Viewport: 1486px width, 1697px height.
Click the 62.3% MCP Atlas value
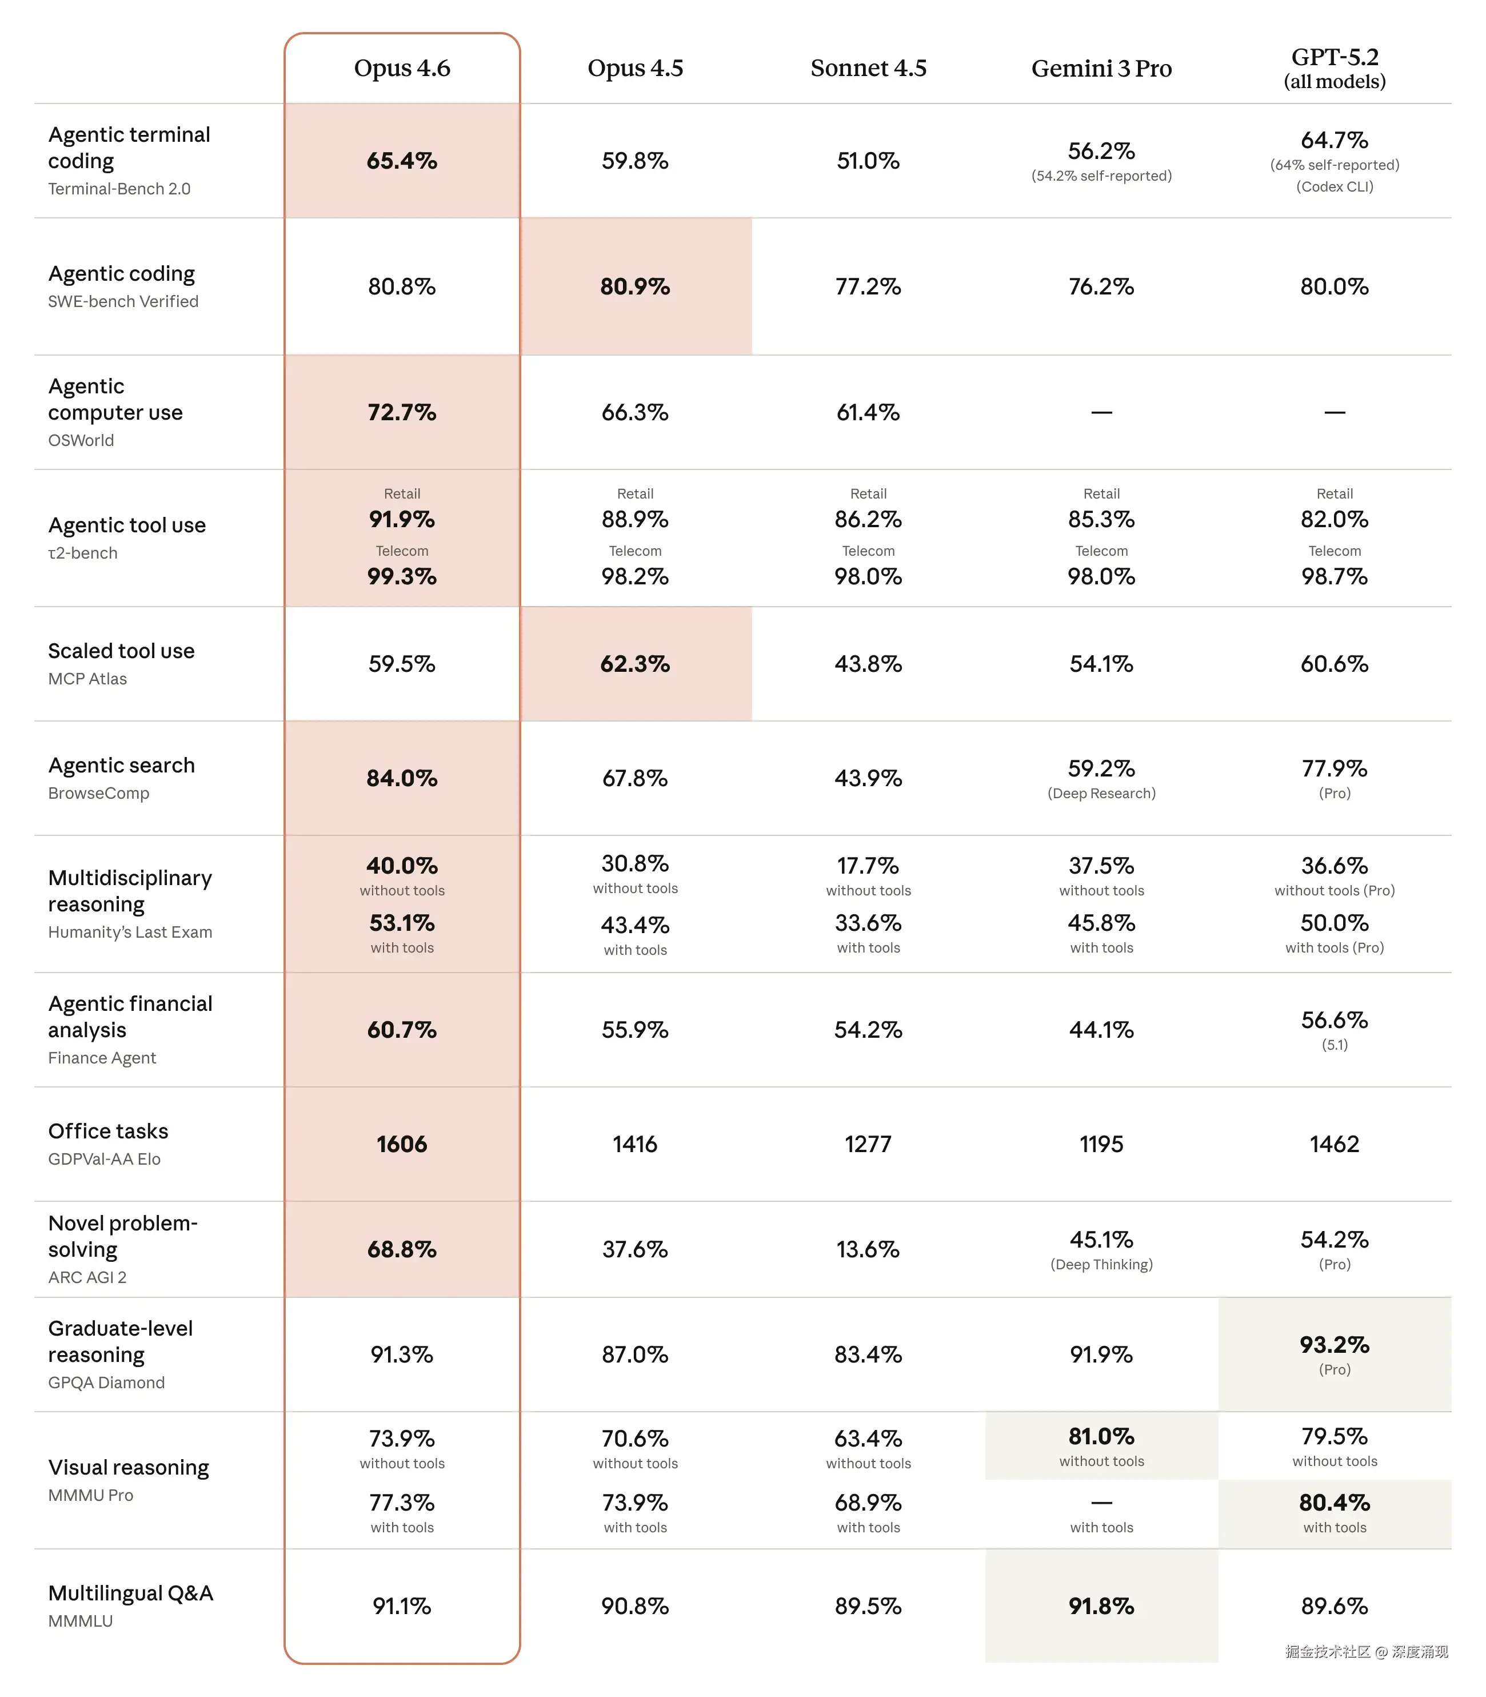[634, 664]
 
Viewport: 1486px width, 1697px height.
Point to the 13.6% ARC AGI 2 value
[868, 1249]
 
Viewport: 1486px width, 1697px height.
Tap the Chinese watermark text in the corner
[1366, 1651]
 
